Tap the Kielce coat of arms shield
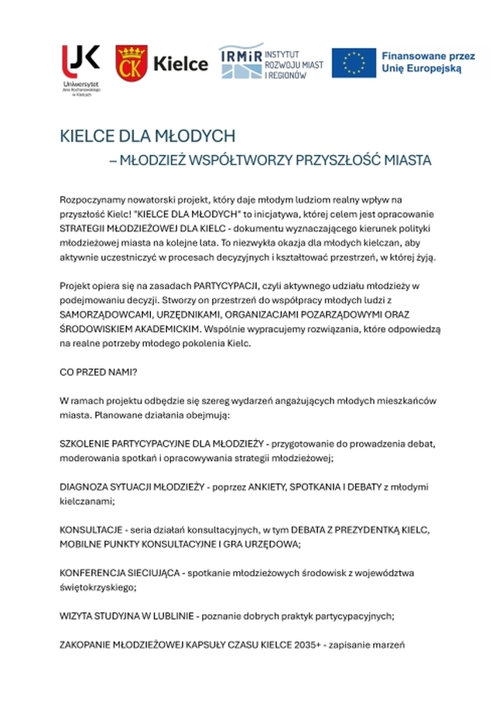pos(129,63)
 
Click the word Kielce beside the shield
pos(181,64)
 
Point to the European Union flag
pos(354,63)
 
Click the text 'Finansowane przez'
pos(428,56)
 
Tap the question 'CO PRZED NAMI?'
pos(98,372)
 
